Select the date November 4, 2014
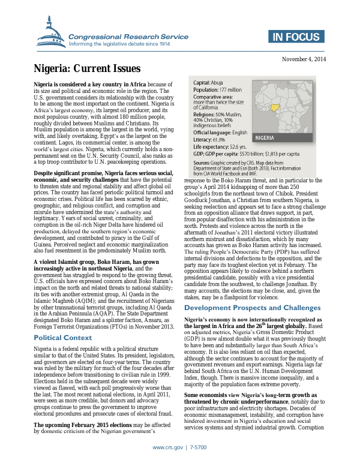tap(304, 59)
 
